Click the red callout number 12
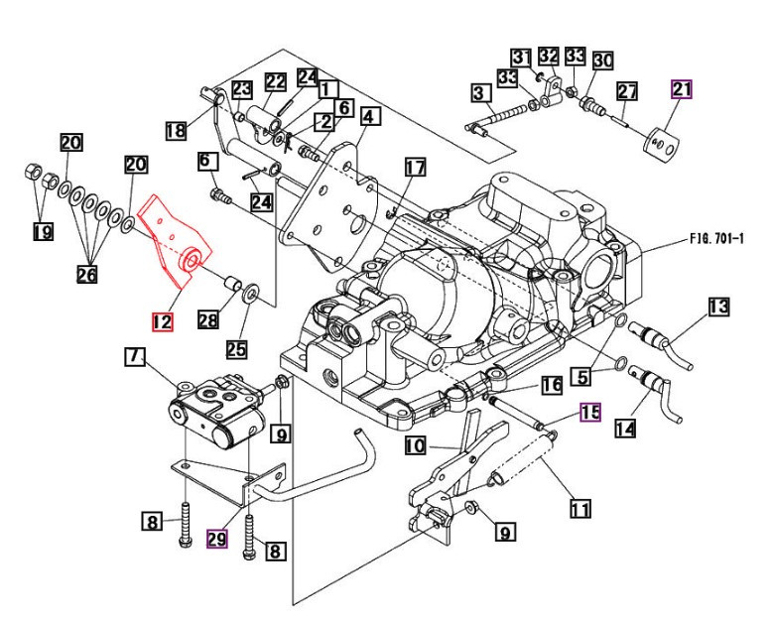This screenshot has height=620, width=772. pyautogui.click(x=162, y=321)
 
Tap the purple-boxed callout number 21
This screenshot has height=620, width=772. pyautogui.click(x=682, y=90)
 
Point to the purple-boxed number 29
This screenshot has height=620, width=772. pyautogui.click(x=217, y=539)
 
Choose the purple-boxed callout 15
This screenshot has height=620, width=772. pyautogui.click(x=590, y=413)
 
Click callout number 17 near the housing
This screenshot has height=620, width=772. pyautogui.click(x=414, y=168)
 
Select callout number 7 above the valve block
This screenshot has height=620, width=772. pyautogui.click(x=135, y=355)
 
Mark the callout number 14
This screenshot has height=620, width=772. pyautogui.click(x=626, y=428)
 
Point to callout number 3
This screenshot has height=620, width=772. pyautogui.click(x=481, y=95)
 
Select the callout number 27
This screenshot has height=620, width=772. pyautogui.click(x=626, y=92)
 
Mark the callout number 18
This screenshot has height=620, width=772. pyautogui.click(x=176, y=130)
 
